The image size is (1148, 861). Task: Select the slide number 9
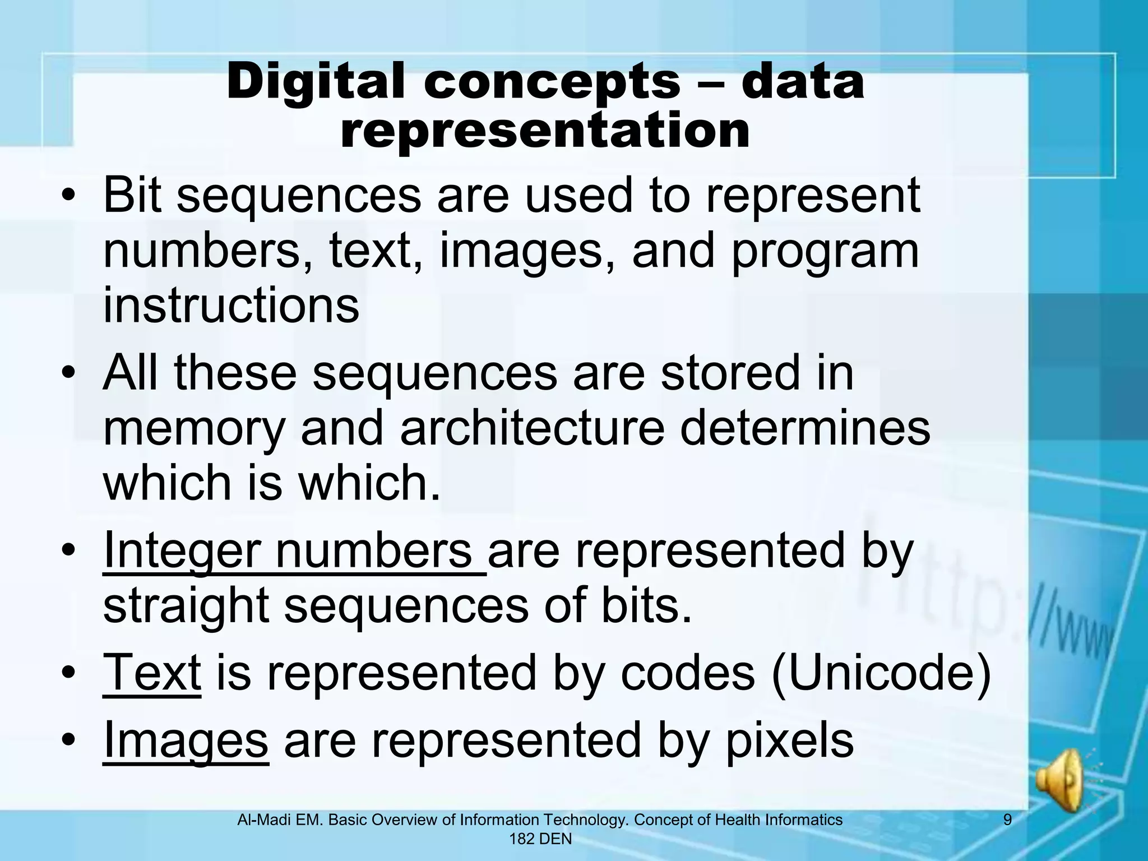(1007, 820)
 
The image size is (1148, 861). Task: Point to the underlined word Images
(186, 740)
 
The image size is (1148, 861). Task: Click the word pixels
(790, 740)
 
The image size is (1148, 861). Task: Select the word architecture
(531, 429)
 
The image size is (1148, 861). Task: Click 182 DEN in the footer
(540, 839)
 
